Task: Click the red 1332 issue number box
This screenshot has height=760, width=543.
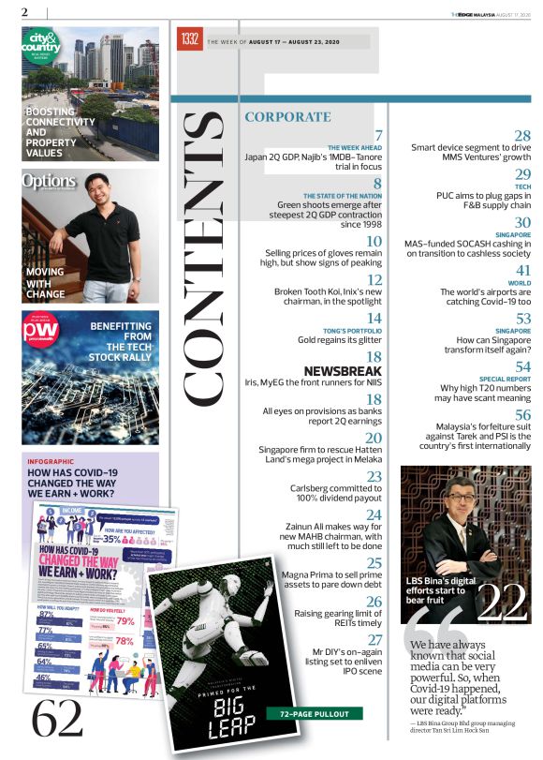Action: coord(189,39)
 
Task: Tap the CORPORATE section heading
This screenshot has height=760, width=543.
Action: coord(287,117)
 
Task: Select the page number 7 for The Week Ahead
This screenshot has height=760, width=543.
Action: coord(378,136)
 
